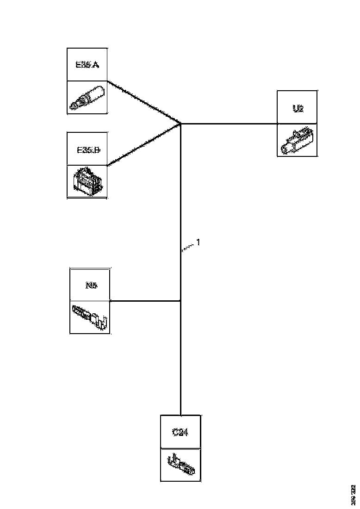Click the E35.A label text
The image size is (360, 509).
click(87, 64)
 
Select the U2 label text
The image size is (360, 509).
click(298, 109)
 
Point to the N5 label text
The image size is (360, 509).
click(90, 285)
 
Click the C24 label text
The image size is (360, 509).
click(180, 433)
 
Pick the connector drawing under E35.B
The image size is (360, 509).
click(87, 181)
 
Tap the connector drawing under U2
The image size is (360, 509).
click(297, 140)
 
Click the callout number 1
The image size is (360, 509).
click(198, 242)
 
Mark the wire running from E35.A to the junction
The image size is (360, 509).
click(143, 102)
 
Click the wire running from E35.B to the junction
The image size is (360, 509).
click(143, 145)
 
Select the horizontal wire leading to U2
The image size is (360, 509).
click(229, 124)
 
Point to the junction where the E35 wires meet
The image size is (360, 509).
click(180, 124)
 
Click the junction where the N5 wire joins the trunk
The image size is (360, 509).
click(180, 301)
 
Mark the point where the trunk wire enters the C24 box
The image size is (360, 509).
click(180, 415)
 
